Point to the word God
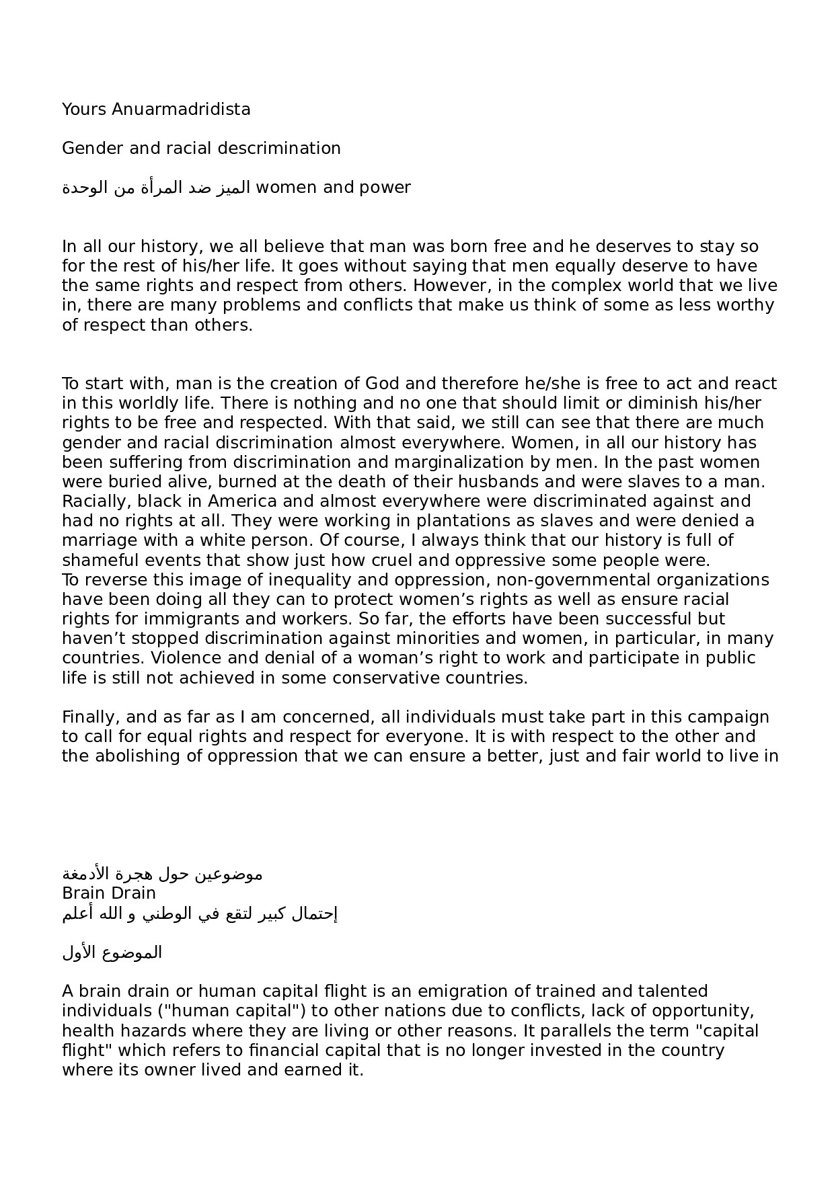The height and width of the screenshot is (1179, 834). pos(382,384)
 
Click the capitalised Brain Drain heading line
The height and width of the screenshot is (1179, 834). pos(109,893)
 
